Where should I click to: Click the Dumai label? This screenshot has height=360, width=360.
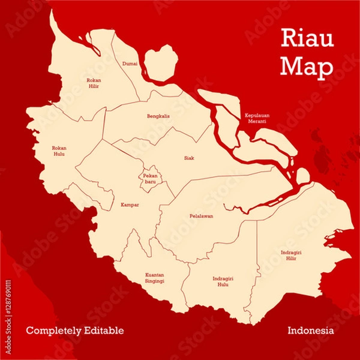tap(130, 63)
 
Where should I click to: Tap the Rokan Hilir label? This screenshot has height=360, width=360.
tap(93, 83)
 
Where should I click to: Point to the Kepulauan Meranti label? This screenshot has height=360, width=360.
tap(256, 118)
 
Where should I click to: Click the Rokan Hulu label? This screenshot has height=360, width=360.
tap(59, 151)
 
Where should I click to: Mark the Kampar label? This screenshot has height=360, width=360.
tap(130, 205)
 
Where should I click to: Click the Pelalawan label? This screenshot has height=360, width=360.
tap(202, 215)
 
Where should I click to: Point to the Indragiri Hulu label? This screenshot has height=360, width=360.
tap(223, 281)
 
